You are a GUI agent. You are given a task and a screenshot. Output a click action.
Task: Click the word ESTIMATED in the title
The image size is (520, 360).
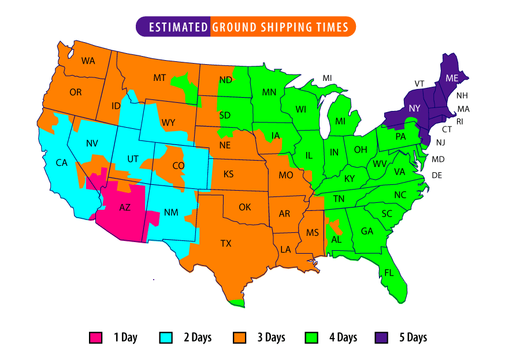point(178,27)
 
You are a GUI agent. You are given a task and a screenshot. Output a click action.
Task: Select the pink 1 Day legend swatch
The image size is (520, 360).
point(95,337)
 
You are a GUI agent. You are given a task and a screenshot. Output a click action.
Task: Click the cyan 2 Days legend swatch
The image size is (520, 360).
point(166,337)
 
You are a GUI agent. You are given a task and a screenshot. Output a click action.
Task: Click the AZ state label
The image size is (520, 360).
point(125,208)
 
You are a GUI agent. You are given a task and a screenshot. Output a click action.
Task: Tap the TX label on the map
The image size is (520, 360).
point(225,243)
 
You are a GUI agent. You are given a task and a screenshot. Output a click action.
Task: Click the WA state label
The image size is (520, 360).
point(88,61)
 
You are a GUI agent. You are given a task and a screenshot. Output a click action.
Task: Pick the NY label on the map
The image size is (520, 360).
point(414,108)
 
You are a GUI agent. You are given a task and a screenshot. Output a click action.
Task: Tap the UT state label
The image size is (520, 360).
point(133,158)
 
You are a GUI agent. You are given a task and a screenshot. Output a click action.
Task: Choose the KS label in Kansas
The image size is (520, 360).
point(228,174)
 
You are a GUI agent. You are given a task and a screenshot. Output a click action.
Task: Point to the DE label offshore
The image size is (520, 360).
point(437,175)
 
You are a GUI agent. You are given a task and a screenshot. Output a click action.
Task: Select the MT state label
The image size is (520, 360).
point(159,77)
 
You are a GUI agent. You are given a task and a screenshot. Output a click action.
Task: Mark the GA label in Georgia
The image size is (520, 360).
point(367,231)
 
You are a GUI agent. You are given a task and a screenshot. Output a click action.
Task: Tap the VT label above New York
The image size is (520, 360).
point(419,84)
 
